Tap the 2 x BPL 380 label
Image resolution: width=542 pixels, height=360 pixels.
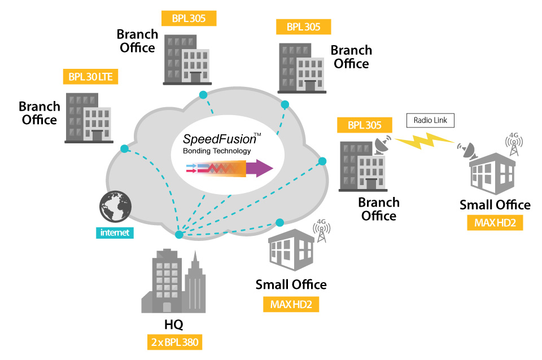174,342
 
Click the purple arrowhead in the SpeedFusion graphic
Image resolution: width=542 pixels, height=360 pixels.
260,168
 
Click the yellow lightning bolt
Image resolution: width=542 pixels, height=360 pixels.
427,142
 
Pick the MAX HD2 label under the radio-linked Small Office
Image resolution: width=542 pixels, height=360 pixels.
495,223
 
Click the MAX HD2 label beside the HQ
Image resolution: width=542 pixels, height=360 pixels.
291,305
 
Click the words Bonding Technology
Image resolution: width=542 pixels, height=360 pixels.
217,151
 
